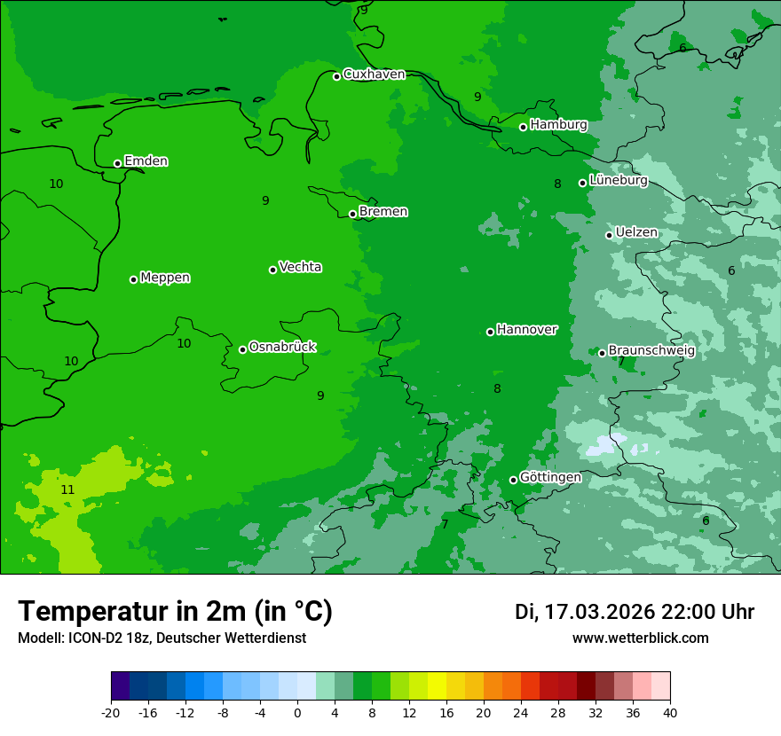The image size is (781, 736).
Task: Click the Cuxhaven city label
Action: pyautogui.click(x=374, y=74)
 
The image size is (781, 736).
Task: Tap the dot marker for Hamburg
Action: pyautogui.click(x=524, y=127)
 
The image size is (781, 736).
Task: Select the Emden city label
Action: pyautogui.click(x=146, y=161)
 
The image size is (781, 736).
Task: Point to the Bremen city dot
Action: pyautogui.click(x=352, y=214)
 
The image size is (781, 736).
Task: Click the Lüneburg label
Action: pyautogui.click(x=618, y=180)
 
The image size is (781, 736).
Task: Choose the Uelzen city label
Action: pyautogui.click(x=636, y=232)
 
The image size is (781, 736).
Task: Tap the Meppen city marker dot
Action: pyautogui.click(x=133, y=279)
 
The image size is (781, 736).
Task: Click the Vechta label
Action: pyautogui.click(x=300, y=267)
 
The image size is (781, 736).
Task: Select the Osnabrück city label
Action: pyautogui.click(x=282, y=347)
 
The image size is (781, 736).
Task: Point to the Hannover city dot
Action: pyautogui.click(x=490, y=332)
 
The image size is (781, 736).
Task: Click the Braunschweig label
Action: pyautogui.click(x=651, y=350)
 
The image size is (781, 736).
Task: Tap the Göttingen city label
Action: pyautogui.click(x=550, y=477)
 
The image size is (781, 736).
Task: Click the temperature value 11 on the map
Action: pyautogui.click(x=67, y=489)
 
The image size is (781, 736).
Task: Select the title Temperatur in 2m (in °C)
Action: pyautogui.click(x=175, y=612)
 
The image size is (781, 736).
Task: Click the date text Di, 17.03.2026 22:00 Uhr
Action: pyautogui.click(x=635, y=612)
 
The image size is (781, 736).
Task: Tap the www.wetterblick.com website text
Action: pyautogui.click(x=640, y=638)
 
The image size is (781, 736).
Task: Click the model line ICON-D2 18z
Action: pyautogui.click(x=162, y=638)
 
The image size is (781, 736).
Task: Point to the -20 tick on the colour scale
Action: pyautogui.click(x=111, y=712)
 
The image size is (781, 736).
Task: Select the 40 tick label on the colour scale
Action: pyautogui.click(x=670, y=712)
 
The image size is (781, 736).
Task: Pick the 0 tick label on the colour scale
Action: pyautogui.click(x=297, y=712)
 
